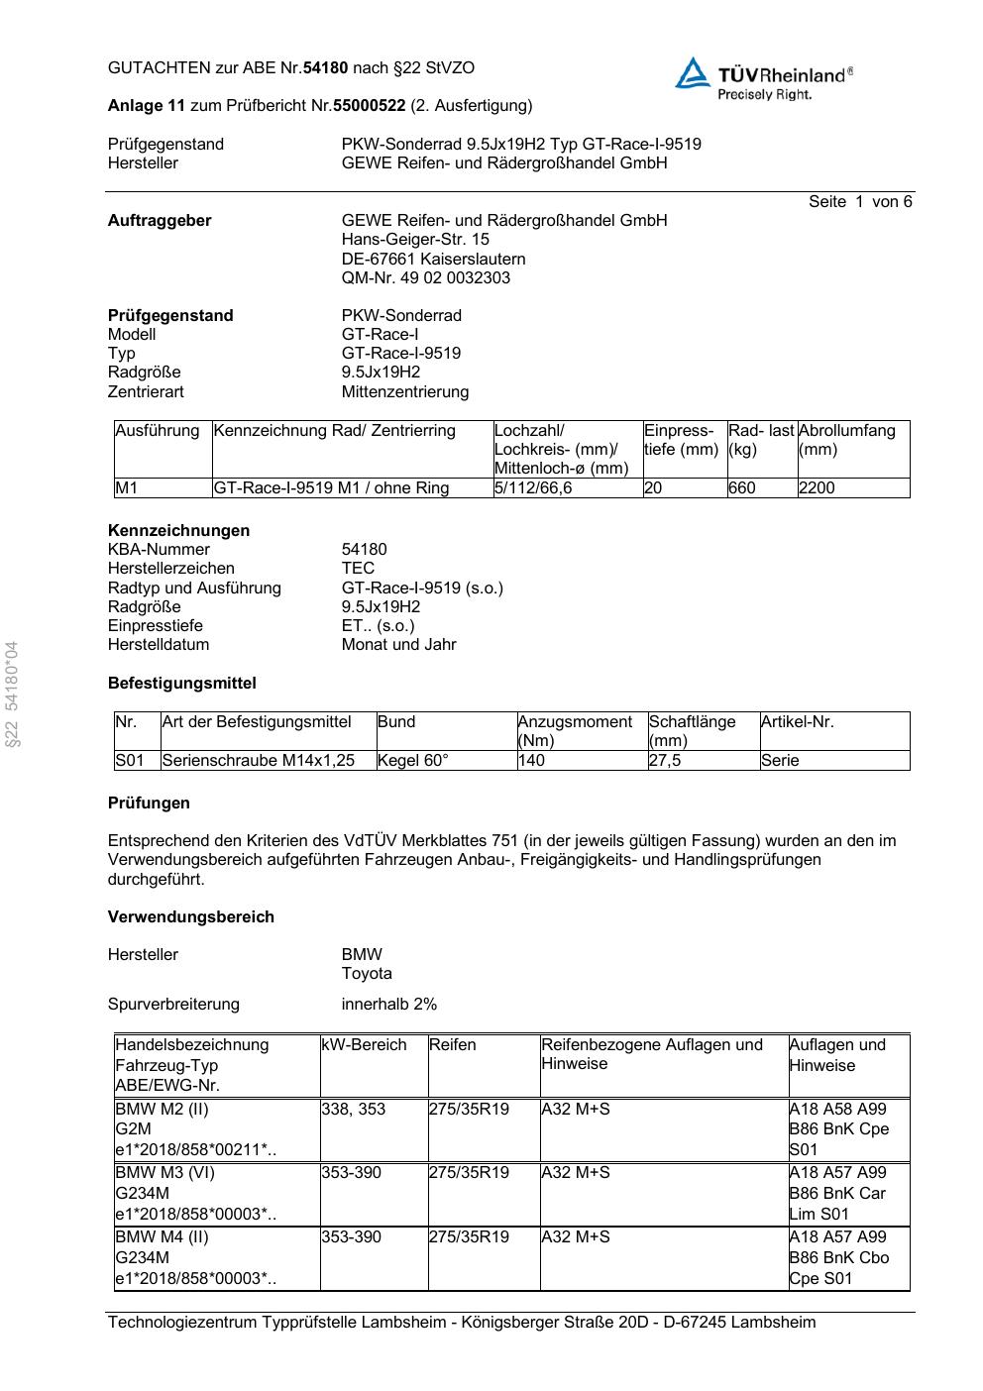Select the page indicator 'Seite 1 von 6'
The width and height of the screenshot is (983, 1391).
coord(859,202)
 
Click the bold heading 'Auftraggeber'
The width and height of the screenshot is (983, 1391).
coord(160,221)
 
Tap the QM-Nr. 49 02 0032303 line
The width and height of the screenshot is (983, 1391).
coord(426,278)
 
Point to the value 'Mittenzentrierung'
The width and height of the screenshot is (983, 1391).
coord(405,392)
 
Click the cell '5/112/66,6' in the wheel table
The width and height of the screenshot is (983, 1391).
coord(533,488)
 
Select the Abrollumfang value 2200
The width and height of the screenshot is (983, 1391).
coord(817,488)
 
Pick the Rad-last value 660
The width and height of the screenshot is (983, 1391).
coord(742,488)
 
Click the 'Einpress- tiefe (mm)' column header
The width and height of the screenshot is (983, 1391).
coord(682,440)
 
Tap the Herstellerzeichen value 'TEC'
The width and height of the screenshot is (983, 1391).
coord(358,569)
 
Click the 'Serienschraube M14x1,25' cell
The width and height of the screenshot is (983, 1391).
coord(259,761)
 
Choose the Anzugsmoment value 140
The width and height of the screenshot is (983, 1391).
coord(531,761)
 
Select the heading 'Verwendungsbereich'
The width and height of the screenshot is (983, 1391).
coord(191,917)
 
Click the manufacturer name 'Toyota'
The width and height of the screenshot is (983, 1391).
coord(367,974)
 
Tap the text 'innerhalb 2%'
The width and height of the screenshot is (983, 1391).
coord(389,1005)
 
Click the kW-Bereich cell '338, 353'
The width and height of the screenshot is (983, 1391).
coord(354,1110)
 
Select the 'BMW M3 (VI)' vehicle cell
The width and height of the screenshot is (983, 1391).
coord(164,1173)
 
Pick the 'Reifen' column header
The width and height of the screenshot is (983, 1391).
coord(453,1045)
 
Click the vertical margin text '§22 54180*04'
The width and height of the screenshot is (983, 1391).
coord(12,695)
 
